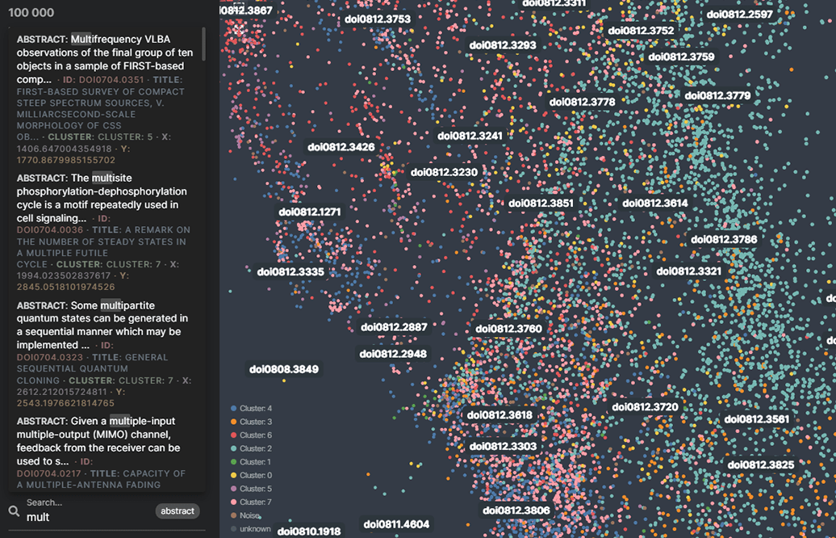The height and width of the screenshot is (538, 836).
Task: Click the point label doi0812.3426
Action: click(341, 147)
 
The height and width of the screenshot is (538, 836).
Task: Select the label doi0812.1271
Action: click(310, 212)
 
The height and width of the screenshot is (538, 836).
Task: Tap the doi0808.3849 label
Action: click(284, 369)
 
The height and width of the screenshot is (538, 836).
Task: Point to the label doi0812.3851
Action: click(540, 204)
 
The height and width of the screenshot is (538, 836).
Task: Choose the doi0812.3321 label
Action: click(688, 271)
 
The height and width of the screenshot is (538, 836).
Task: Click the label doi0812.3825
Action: click(761, 464)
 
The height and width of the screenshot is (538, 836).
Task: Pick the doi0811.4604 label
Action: click(396, 523)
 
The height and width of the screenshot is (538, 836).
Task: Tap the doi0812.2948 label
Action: click(393, 354)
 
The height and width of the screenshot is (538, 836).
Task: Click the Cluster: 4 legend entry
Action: click(255, 409)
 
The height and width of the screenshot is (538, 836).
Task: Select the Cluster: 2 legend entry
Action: click(255, 448)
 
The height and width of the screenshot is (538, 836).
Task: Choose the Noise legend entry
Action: click(249, 515)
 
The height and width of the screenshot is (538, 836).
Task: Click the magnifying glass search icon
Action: click(14, 511)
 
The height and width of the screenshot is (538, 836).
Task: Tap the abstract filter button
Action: click(178, 511)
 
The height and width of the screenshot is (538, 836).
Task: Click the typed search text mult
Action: click(38, 517)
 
